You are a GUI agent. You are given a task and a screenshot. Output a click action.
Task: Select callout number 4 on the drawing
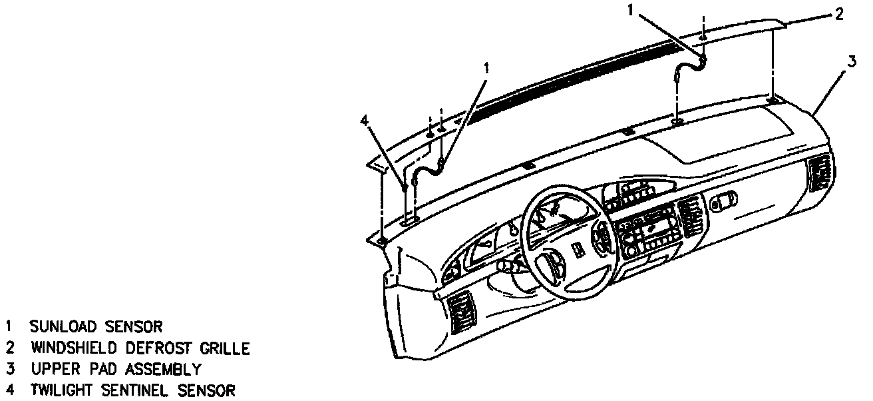pos(363,120)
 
